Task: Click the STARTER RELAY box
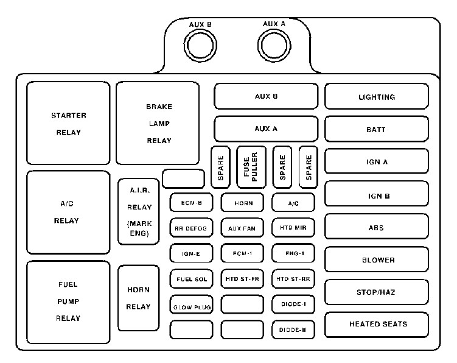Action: (x=68, y=124)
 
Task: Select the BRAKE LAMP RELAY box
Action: (x=158, y=124)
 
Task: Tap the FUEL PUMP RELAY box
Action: (x=68, y=301)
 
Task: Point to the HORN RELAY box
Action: (x=138, y=298)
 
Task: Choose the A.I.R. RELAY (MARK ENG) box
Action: (x=139, y=211)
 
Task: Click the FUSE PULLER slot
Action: (x=251, y=166)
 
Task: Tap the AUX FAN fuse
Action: (x=242, y=228)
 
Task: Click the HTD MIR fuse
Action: (x=293, y=228)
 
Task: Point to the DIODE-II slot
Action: (x=293, y=330)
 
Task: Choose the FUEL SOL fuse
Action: (x=190, y=279)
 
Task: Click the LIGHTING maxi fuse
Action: (x=376, y=97)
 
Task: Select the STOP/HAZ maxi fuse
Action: (x=376, y=292)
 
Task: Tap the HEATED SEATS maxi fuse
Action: (x=376, y=325)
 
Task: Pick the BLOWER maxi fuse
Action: (x=376, y=259)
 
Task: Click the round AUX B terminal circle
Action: (x=200, y=45)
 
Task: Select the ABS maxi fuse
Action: (x=376, y=227)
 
